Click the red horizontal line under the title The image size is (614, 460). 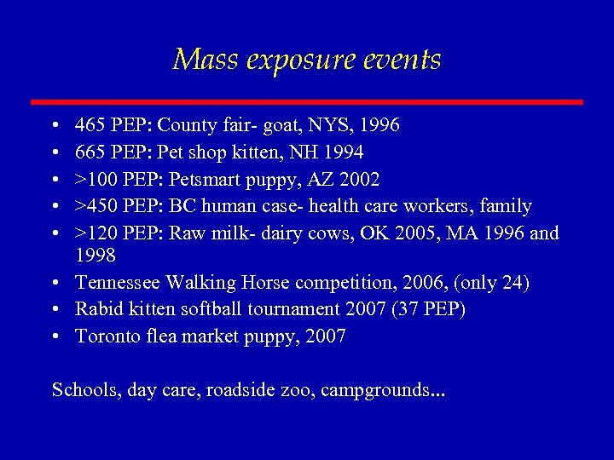tap(307, 102)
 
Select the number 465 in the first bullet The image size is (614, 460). tap(90, 126)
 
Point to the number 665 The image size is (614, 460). tap(90, 152)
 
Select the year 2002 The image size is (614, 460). tap(360, 180)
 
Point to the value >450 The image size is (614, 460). tap(96, 206)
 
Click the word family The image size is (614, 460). tap(506, 206)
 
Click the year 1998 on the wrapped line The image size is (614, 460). tap(96, 256)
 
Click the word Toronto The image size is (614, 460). tap(107, 336)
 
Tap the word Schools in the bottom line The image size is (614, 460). tap(84, 390)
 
